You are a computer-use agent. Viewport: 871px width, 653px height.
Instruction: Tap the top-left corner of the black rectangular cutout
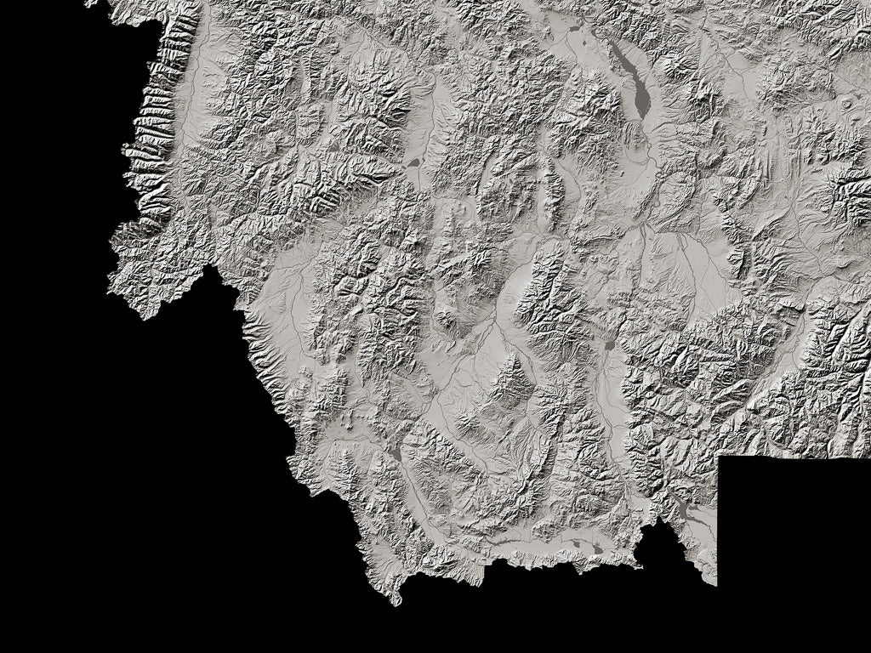click(x=720, y=457)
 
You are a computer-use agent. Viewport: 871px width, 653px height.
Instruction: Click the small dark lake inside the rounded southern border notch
click(x=686, y=514)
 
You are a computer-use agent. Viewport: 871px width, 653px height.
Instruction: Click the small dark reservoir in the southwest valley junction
click(x=396, y=455)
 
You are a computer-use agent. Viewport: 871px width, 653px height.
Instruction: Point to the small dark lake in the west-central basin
click(x=414, y=162)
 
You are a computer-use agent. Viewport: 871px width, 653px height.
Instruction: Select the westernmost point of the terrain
click(x=110, y=247)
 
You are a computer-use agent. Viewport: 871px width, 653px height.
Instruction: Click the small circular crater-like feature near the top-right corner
click(x=846, y=105)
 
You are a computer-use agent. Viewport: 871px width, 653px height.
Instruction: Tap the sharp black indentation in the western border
click(x=209, y=270)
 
